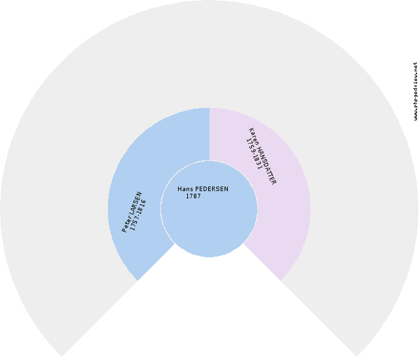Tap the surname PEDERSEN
point(212,189)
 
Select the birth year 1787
point(193,196)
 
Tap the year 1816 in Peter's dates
point(141,207)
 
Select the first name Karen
point(254,136)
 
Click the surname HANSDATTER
point(267,165)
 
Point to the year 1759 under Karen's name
point(250,146)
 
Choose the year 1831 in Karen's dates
point(257,162)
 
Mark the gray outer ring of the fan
point(209,54)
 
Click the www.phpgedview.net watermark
point(415,91)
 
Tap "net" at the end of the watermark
point(415,66)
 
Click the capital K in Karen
point(251,130)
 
